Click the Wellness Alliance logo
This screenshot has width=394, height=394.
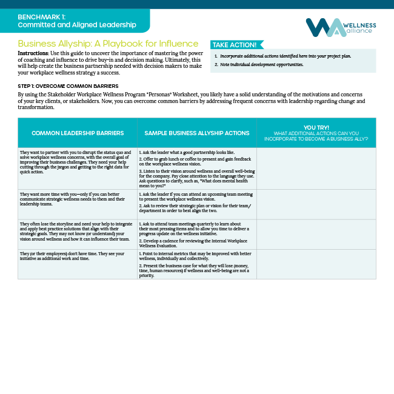pyautogui.click(x=341, y=27)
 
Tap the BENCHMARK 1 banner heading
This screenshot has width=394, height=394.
pyautogui.click(x=76, y=21)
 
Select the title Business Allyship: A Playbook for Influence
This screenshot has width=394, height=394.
pyautogui.click(x=108, y=44)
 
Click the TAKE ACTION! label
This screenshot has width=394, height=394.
pyautogui.click(x=235, y=45)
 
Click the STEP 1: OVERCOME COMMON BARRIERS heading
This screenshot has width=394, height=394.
pyautogui.click(x=68, y=86)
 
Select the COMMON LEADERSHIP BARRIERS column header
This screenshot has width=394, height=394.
pyautogui.click(x=78, y=133)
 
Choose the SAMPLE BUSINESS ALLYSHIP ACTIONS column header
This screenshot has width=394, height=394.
pyautogui.click(x=196, y=133)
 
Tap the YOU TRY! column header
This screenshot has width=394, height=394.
pyautogui.click(x=316, y=132)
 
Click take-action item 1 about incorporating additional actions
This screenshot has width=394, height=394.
pyautogui.click(x=285, y=56)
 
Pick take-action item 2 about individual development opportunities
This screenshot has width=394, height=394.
pyautogui.click(x=261, y=64)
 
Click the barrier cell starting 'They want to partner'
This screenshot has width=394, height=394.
pyautogui.click(x=77, y=163)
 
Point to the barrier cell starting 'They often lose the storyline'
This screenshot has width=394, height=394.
pyautogui.click(x=77, y=231)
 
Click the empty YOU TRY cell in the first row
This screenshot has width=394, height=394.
pyautogui.click(x=316, y=168)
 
